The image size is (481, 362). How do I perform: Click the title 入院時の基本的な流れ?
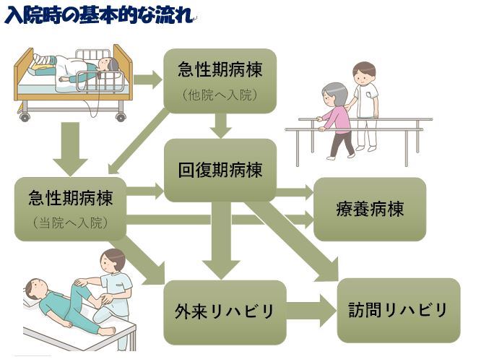pyautogui.click(x=99, y=14)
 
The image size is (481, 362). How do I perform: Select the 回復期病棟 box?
pyautogui.click(x=220, y=171)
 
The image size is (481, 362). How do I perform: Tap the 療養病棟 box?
pyautogui.click(x=370, y=210)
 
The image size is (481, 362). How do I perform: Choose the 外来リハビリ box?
pyautogui.click(x=225, y=312)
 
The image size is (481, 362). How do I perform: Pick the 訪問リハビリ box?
pyautogui.click(x=399, y=310)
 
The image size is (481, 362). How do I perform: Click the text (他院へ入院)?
pyautogui.click(x=220, y=95)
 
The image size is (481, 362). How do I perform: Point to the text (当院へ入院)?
pyautogui.click(x=70, y=223)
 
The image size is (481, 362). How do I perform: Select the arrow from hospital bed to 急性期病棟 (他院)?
pyautogui.click(x=147, y=79)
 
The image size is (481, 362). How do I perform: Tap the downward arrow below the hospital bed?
pyautogui.click(x=71, y=149)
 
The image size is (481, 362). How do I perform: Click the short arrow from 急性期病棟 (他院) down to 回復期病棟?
pyautogui.click(x=220, y=126)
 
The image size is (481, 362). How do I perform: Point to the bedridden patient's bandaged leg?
pyautogui.click(x=43, y=61)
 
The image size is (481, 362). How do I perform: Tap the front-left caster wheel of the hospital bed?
pyautogui.click(x=25, y=117)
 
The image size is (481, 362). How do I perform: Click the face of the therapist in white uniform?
pyautogui.click(x=363, y=77)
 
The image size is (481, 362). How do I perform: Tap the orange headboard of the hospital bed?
pyautogui.click(x=122, y=72)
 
